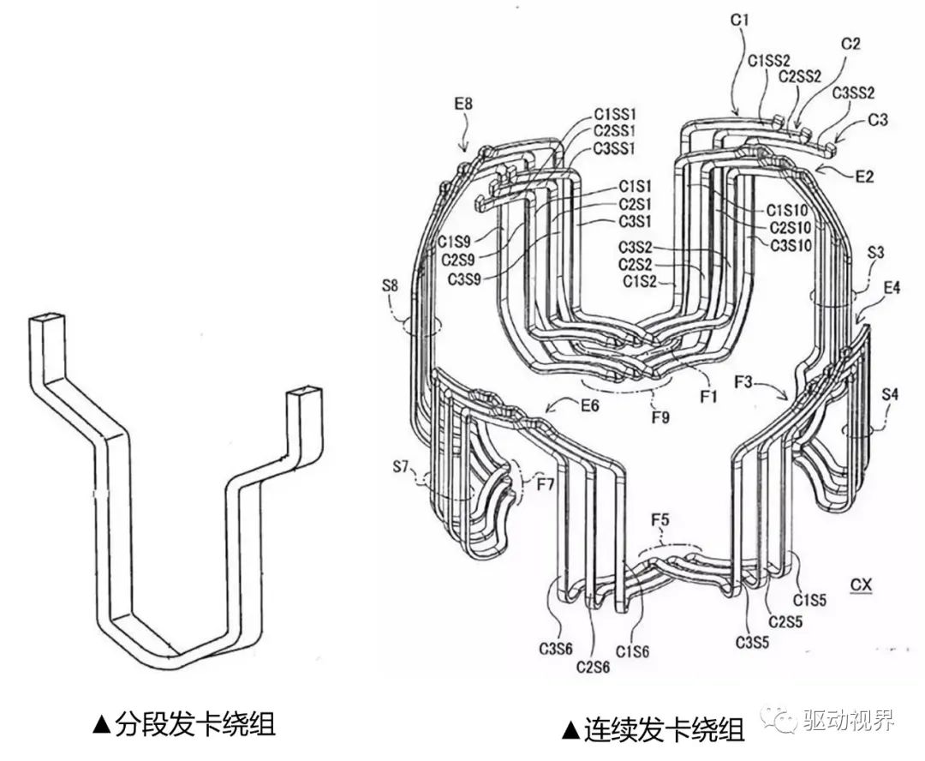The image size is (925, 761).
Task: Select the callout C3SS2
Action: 855,92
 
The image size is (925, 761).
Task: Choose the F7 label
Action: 546,484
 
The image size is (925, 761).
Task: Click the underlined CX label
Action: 861,585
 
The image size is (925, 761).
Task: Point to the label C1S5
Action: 810,600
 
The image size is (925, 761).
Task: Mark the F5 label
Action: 661,519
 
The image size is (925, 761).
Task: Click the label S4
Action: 892,396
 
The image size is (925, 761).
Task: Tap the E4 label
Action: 892,289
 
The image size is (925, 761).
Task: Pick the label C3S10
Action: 791,244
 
